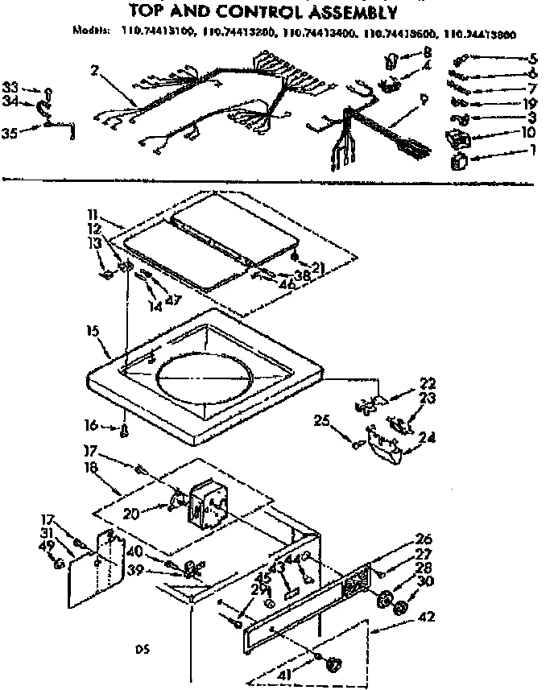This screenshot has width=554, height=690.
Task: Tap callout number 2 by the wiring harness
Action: click(94, 71)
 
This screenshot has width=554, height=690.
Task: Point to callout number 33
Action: click(10, 87)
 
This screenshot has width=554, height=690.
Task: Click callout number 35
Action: click(10, 133)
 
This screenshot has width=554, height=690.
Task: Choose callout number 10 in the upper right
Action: click(527, 132)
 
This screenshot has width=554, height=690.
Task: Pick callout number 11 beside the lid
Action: click(93, 217)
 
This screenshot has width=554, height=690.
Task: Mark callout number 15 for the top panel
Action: click(91, 331)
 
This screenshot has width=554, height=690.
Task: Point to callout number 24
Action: click(426, 439)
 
